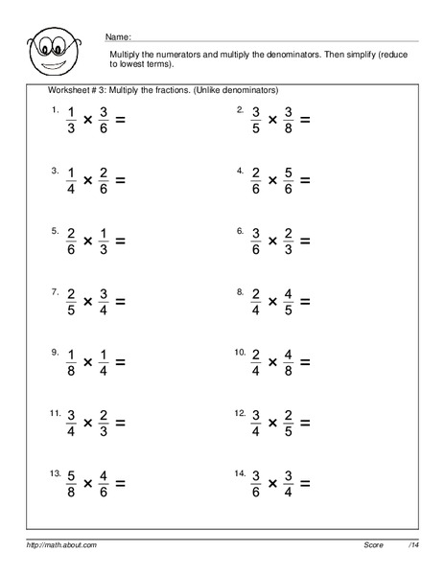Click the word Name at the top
(x=119, y=34)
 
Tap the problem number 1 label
(x=56, y=111)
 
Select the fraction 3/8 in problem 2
(x=283, y=121)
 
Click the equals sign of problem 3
(x=120, y=179)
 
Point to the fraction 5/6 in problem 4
(x=283, y=179)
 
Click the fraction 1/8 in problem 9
(x=71, y=361)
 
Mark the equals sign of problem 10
(x=305, y=361)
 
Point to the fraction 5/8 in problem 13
(x=71, y=482)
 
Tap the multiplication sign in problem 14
(x=272, y=483)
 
